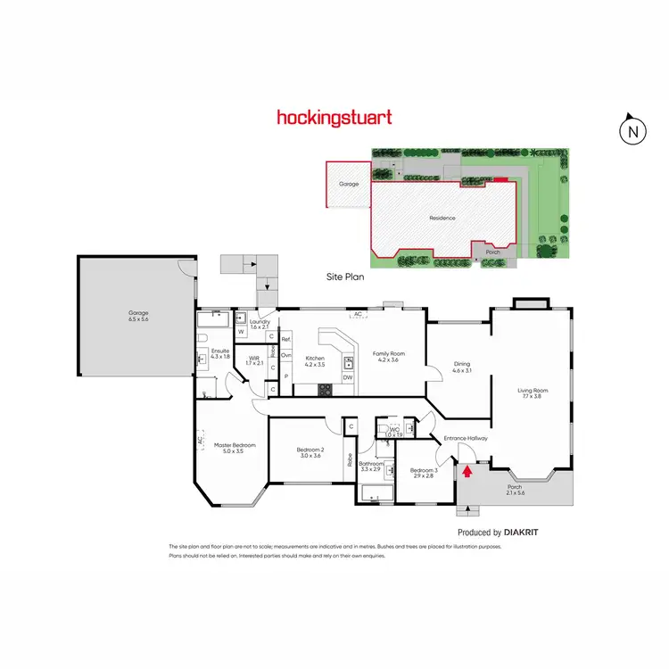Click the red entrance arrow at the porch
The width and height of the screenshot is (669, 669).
(x=465, y=459)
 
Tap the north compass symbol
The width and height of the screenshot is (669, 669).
(x=632, y=130)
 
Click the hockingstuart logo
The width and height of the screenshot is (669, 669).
(x=334, y=117)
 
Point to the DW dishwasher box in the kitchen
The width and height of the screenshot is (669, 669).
(x=347, y=377)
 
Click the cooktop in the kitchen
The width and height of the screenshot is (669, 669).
(x=326, y=389)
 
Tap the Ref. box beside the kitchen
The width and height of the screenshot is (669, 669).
(x=286, y=340)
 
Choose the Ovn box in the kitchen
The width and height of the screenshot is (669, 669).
(x=286, y=355)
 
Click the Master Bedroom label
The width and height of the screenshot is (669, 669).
(x=235, y=448)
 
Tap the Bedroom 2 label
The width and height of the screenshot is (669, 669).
(x=310, y=452)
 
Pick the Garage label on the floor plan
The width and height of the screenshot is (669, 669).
(x=138, y=316)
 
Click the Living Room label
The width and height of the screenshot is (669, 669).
(x=533, y=392)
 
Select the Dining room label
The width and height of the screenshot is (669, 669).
(x=461, y=366)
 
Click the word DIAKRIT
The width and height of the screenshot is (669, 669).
(x=521, y=532)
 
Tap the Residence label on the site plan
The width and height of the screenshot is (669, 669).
(x=442, y=218)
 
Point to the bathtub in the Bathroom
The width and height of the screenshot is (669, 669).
(x=376, y=491)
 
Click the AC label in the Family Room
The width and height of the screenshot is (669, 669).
(x=357, y=315)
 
